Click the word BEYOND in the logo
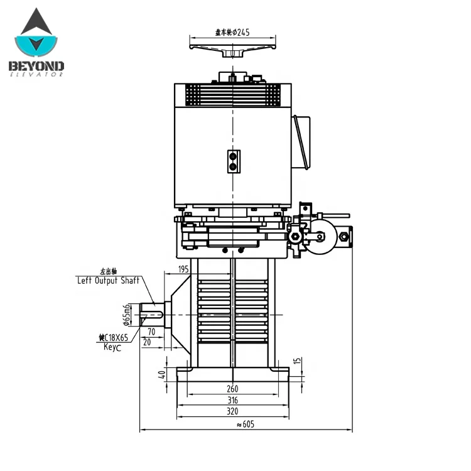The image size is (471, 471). [x=36, y=66]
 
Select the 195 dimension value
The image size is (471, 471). [x=183, y=269]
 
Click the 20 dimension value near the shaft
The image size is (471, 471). [x=146, y=342]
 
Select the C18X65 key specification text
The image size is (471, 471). [x=113, y=338]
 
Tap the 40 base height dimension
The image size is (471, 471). [x=162, y=374]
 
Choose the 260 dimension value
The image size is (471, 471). [x=232, y=389]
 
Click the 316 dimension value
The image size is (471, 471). [x=232, y=401]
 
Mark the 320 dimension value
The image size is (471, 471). [x=232, y=412]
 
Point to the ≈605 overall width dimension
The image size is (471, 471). [x=245, y=425]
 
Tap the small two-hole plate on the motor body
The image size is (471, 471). [x=233, y=161]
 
